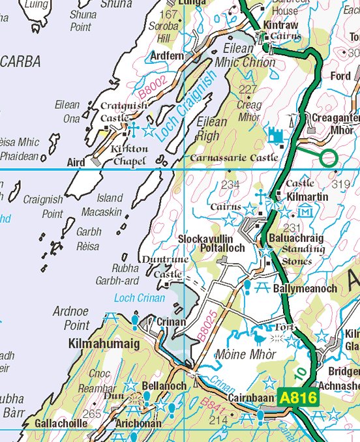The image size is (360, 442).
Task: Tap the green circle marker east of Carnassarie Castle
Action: pos(329,157)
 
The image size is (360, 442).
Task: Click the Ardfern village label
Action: pos(168,56)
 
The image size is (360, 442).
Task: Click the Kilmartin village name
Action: pos(305,195)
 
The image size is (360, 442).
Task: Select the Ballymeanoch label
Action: pos(306,287)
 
